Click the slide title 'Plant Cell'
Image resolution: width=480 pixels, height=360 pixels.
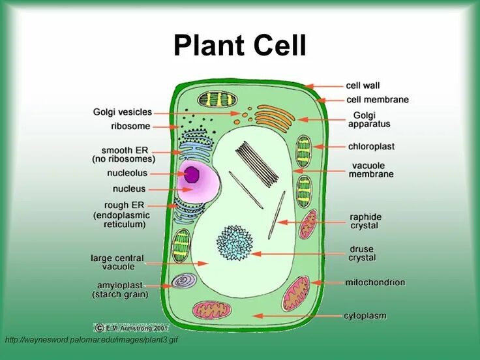point(239,46)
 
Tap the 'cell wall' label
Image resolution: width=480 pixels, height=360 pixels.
point(363,85)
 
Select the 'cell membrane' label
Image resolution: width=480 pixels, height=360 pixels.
point(377,100)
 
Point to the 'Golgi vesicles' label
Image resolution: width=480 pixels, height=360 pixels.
point(122,112)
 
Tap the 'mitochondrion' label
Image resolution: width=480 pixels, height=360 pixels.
point(375,282)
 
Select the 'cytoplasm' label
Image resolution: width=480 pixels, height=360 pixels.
point(365,316)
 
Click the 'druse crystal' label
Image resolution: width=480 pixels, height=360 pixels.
point(362,253)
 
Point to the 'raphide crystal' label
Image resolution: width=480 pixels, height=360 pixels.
point(365,221)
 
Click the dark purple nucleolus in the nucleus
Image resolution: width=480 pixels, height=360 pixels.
point(192,174)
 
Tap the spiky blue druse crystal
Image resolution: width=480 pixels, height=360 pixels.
point(234,243)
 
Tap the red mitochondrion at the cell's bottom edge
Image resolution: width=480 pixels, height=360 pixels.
point(212,309)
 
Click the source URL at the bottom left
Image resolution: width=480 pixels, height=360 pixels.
point(91,340)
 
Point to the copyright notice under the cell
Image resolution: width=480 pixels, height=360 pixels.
point(131,328)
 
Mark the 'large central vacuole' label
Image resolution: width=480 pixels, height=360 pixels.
point(117,262)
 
